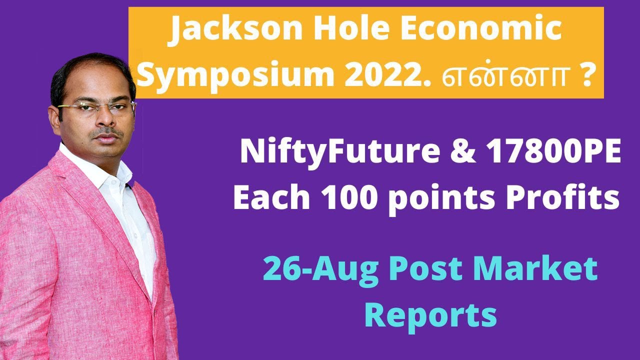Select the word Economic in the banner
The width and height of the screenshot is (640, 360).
pos(479,31)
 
